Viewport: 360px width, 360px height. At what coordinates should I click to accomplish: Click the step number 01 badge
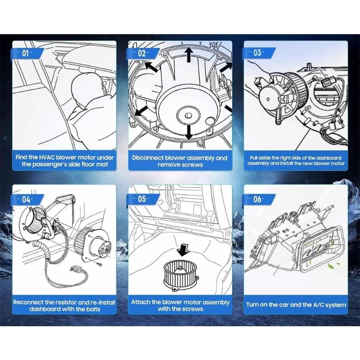coord(27,54)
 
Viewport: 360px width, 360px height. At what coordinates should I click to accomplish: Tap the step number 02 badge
coord(143,54)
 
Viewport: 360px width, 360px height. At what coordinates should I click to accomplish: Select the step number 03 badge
coord(258,53)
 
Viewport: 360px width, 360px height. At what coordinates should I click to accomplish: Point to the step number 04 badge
coord(27,200)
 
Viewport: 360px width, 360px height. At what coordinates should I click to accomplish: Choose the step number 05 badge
coord(143,199)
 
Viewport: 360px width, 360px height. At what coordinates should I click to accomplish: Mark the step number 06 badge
coord(258,199)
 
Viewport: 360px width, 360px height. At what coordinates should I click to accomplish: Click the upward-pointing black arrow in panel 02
coord(189,54)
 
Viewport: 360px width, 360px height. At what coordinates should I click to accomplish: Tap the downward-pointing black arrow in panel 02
coord(189,132)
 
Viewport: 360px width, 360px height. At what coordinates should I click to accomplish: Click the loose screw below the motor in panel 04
coord(99,265)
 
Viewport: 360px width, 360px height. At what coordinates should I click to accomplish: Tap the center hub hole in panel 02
coord(188,115)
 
